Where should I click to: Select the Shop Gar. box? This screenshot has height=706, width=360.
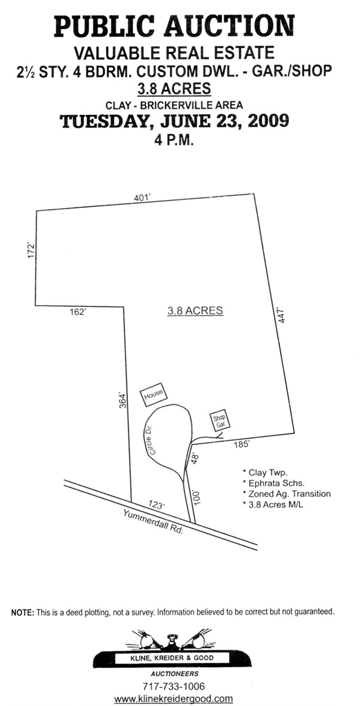tap(219, 419)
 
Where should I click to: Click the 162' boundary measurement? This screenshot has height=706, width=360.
tap(78, 311)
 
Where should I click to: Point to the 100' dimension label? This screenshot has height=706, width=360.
tap(197, 498)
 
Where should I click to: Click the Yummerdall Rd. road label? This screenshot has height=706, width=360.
tap(153, 521)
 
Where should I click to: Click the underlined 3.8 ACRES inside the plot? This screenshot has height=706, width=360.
tap(195, 311)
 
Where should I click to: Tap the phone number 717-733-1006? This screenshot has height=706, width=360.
tap(173, 686)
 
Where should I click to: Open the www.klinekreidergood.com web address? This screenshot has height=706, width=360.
tap(173, 698)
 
